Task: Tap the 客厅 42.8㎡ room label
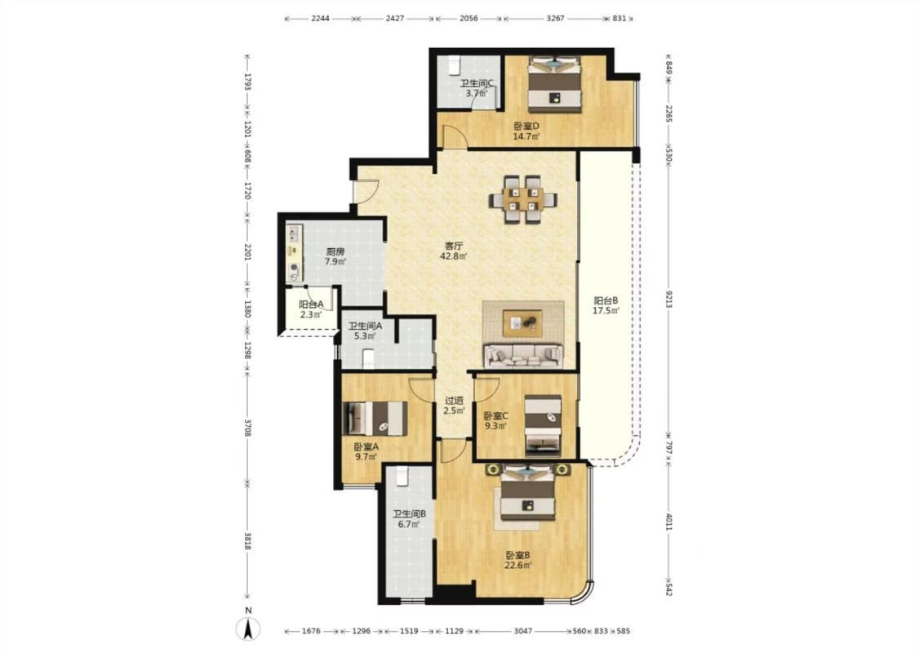click(x=454, y=251)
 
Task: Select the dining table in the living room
click(x=523, y=199)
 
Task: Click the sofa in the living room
click(x=523, y=356)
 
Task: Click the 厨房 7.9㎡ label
click(x=335, y=257)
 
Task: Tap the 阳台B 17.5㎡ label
click(x=606, y=305)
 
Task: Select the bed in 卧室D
click(x=554, y=84)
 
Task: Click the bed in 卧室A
click(x=375, y=419)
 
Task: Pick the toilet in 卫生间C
click(x=455, y=65)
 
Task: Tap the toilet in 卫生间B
click(x=402, y=476)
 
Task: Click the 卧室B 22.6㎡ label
click(x=518, y=560)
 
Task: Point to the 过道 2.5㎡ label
click(x=454, y=405)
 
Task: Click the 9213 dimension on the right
click(x=669, y=299)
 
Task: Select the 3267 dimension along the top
click(x=556, y=18)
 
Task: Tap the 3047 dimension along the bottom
click(x=523, y=631)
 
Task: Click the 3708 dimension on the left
click(x=247, y=428)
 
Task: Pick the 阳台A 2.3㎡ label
click(x=311, y=309)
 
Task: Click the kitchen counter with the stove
click(x=294, y=253)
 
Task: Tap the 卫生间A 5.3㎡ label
click(x=365, y=331)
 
